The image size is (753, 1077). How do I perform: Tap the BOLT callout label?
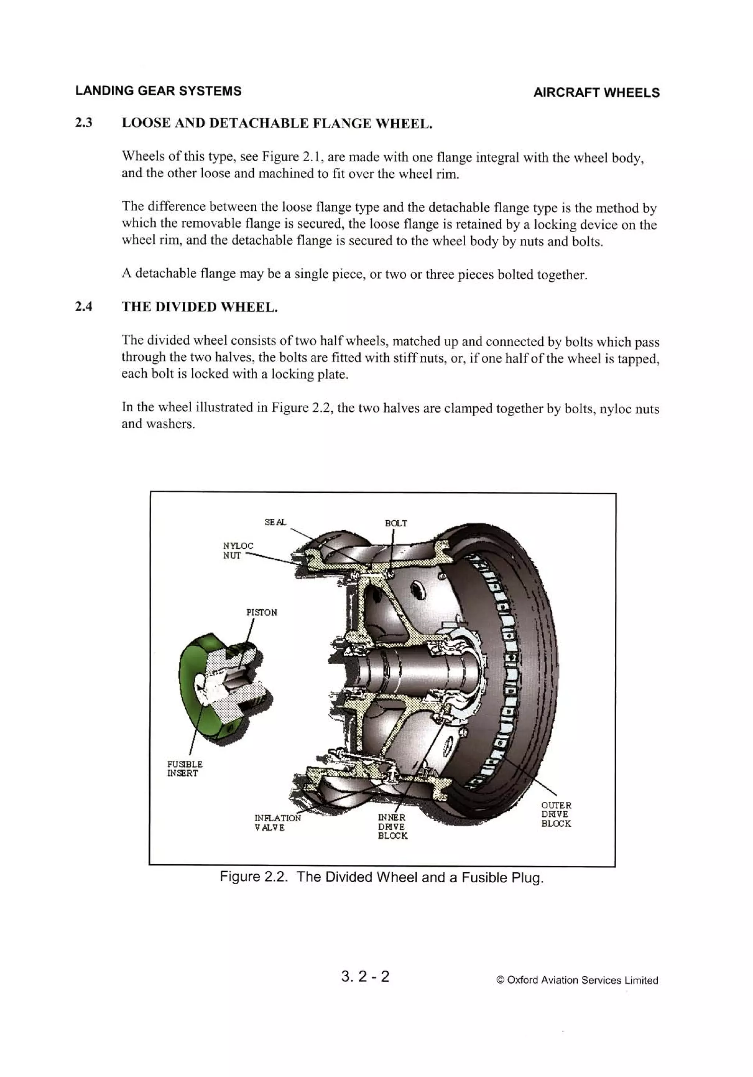click(396, 523)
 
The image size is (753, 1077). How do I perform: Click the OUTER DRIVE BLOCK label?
click(556, 814)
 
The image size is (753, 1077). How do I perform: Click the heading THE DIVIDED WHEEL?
click(200, 307)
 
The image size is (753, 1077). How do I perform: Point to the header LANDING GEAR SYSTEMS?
click(158, 91)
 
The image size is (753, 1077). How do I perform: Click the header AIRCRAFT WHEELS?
click(596, 93)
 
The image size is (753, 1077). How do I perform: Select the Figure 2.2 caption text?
click(381, 877)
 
